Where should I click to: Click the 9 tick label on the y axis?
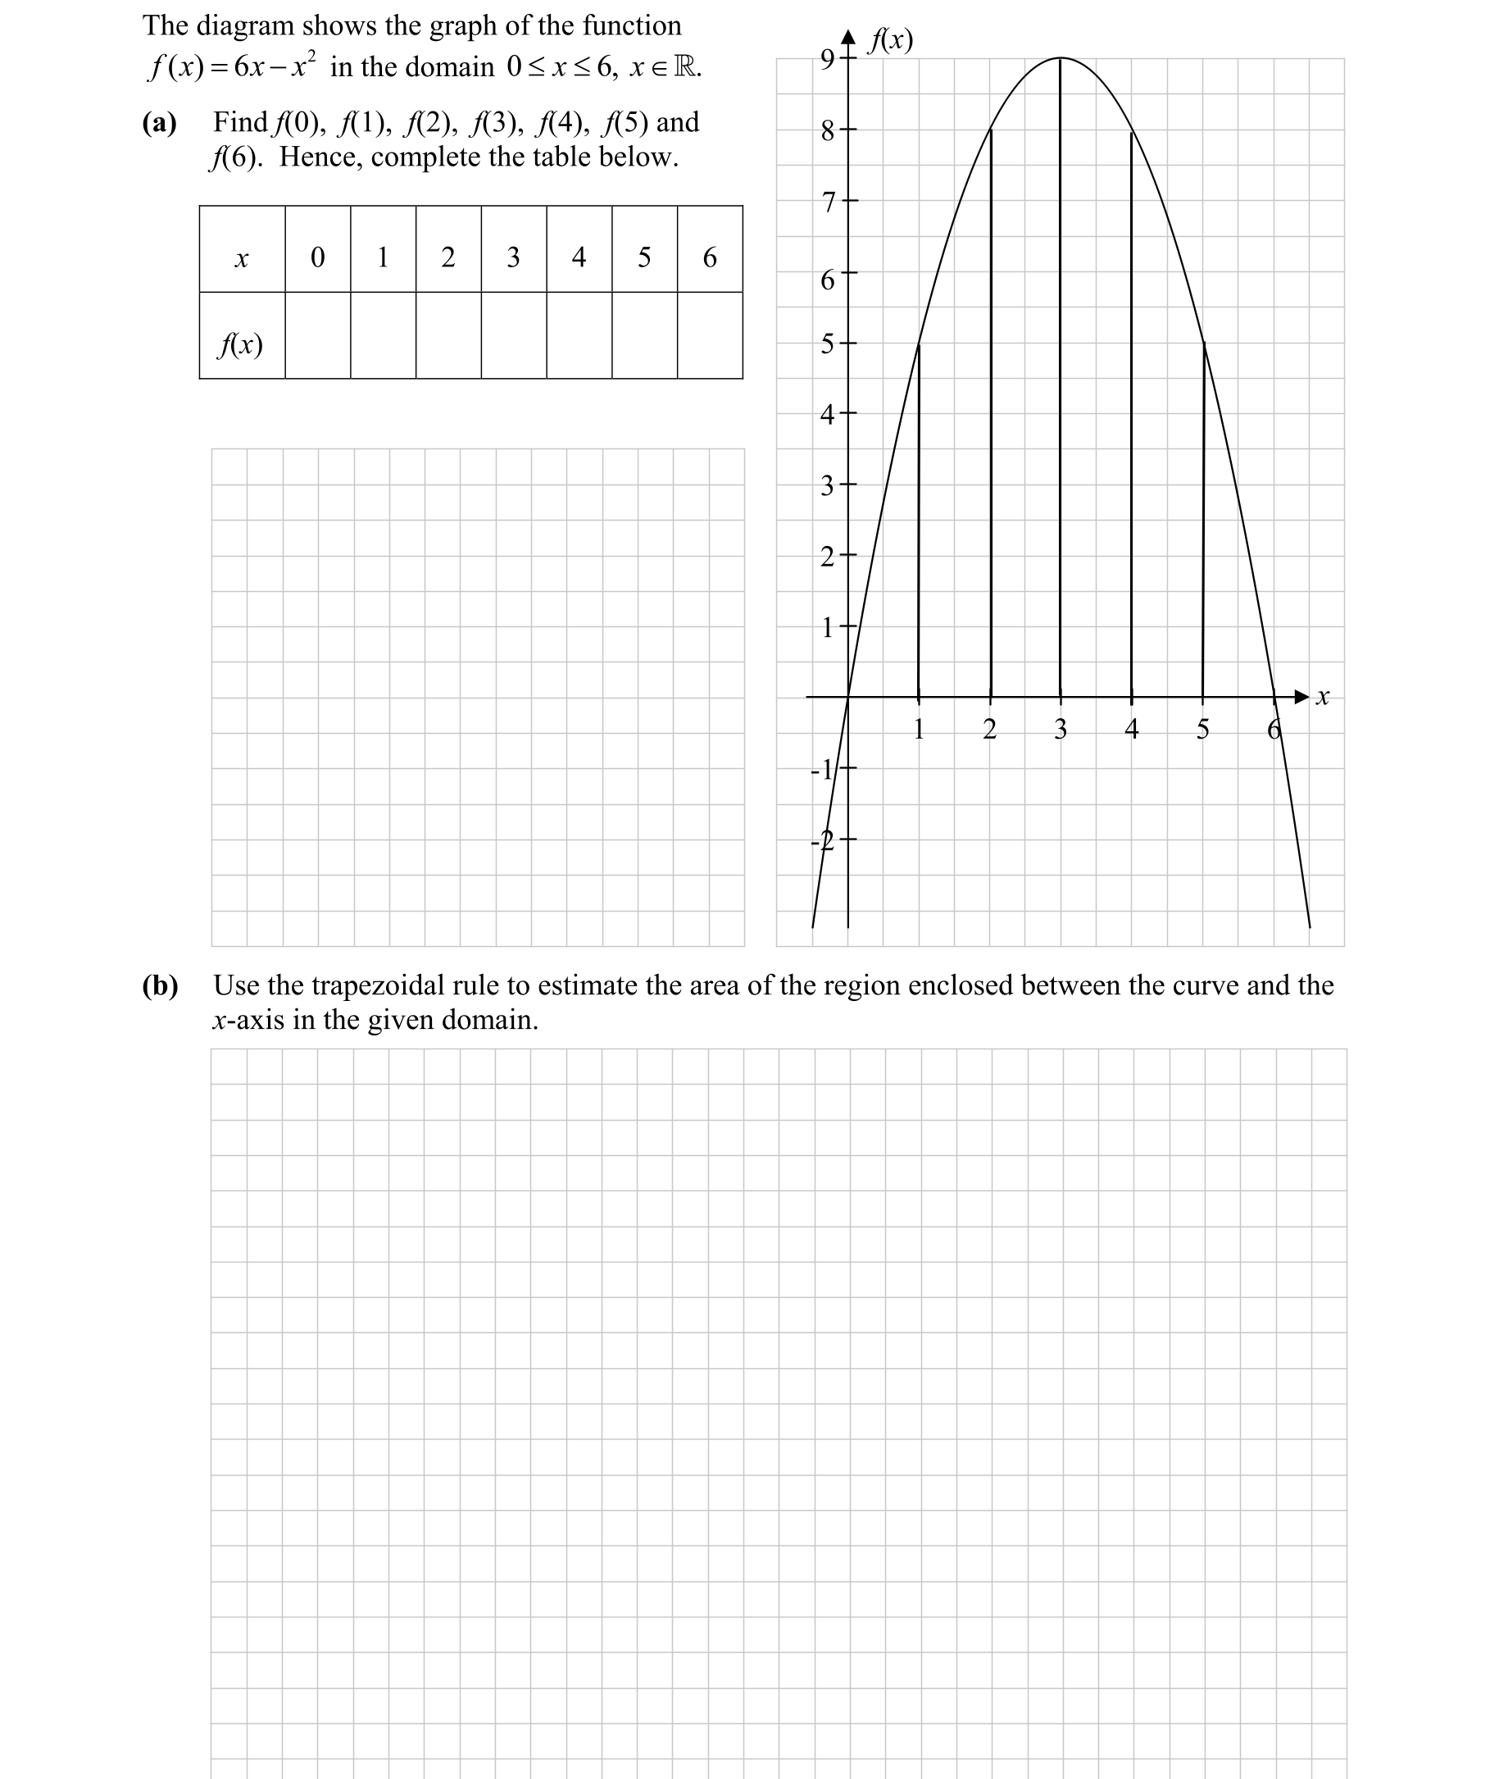click(x=828, y=58)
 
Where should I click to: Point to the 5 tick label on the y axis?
click(x=828, y=344)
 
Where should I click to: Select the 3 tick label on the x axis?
click(x=1061, y=730)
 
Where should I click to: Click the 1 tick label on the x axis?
click(x=919, y=730)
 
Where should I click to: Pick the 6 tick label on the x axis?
click(x=1273, y=730)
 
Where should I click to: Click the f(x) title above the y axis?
click(x=892, y=40)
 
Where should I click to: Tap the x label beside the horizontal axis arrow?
click(x=1322, y=697)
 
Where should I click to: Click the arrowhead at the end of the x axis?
click(x=1302, y=697)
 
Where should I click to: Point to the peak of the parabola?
click(x=1061, y=57)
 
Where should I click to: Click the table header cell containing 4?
click(x=579, y=257)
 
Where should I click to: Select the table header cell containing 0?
click(x=318, y=257)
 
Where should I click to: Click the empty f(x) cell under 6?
click(x=710, y=335)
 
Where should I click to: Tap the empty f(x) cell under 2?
click(x=448, y=335)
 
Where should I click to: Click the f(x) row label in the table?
click(x=242, y=345)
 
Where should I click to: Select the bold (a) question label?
click(x=159, y=123)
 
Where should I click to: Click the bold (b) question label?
click(x=160, y=985)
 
